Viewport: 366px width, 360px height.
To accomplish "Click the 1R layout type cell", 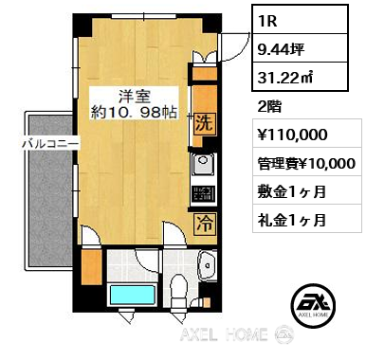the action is pyautogui.click(x=300, y=20).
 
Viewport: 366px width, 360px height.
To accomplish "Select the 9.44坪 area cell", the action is pyautogui.click(x=300, y=48).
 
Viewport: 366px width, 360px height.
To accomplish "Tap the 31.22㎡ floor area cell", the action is pyautogui.click(x=300, y=77).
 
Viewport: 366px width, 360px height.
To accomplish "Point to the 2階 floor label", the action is pyautogui.click(x=269, y=107).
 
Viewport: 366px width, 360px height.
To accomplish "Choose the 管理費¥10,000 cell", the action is pyautogui.click(x=307, y=162).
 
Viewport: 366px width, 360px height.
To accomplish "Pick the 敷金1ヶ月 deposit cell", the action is pyautogui.click(x=307, y=190).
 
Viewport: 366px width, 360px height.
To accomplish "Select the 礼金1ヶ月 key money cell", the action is pyautogui.click(x=307, y=219).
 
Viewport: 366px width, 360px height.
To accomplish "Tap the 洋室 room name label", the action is pyautogui.click(x=135, y=96).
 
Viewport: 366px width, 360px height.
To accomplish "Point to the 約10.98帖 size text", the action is pyautogui.click(x=134, y=111).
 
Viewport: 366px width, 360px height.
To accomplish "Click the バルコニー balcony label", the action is pyautogui.click(x=50, y=144).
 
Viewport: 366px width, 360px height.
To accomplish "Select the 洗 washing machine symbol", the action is pyautogui.click(x=204, y=124).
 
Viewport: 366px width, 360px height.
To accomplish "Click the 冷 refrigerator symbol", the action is pyautogui.click(x=205, y=225).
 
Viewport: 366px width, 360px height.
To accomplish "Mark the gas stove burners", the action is pyautogui.click(x=204, y=193).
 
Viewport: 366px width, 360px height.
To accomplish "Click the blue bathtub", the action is pyautogui.click(x=133, y=295).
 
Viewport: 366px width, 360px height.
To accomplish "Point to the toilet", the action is pyautogui.click(x=178, y=290).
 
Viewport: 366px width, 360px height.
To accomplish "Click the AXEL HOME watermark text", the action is pyautogui.click(x=224, y=334).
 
